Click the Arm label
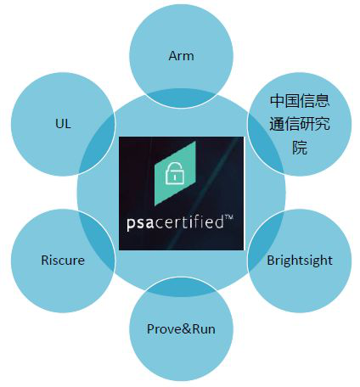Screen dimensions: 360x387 tap(181, 56)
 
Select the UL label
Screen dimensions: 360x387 tap(63, 124)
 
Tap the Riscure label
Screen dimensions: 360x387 tap(63, 261)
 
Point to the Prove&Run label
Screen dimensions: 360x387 tap(181, 329)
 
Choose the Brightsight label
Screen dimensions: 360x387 tap(300, 261)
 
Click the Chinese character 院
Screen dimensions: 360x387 tap(300, 148)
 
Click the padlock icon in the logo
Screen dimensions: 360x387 tap(174, 173)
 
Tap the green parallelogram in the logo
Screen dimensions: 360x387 tap(175, 173)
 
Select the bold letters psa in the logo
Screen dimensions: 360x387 tap(140, 223)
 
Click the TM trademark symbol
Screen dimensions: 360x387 tap(228, 218)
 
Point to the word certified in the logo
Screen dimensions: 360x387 tap(189, 222)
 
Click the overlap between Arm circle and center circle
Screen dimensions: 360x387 tap(181, 98)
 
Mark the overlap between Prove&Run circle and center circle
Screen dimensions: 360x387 tap(181, 287)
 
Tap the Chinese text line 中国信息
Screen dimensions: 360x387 tap(300, 101)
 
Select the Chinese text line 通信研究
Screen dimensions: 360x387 tap(300, 124)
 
